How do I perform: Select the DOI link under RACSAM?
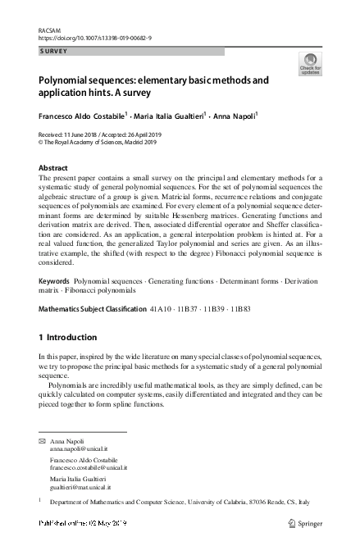click(x=94, y=38)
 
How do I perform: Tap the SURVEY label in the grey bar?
click(x=53, y=51)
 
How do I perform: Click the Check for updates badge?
click(x=310, y=64)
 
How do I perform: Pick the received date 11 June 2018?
click(x=91, y=133)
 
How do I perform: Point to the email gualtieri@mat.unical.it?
click(x=84, y=486)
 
